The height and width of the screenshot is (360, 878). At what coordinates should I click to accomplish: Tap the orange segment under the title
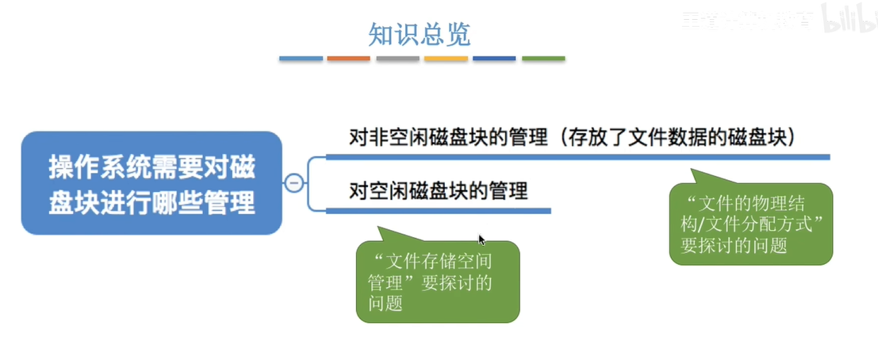(348, 59)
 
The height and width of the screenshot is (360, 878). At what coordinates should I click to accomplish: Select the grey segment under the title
(397, 59)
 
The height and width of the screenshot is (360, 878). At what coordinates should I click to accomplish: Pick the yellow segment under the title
(446, 59)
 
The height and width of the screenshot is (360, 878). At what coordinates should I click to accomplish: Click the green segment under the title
(543, 59)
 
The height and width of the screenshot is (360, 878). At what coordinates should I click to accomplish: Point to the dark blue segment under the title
(494, 59)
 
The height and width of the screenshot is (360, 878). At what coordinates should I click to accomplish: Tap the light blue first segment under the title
(301, 59)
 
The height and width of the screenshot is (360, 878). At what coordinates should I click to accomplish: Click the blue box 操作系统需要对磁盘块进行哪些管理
(151, 183)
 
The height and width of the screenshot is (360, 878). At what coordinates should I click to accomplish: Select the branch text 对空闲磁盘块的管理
(439, 191)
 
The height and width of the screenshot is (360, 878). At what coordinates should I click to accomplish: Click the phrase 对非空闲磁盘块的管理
(449, 138)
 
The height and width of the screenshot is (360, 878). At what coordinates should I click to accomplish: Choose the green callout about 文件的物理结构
(750, 224)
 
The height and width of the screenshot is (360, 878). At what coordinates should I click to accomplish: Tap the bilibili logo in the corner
(847, 20)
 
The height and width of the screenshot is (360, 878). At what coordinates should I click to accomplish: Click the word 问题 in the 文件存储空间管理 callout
(385, 304)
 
